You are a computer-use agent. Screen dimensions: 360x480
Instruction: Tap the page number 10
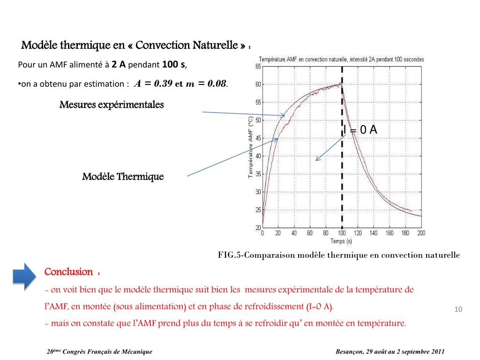[x=458, y=309]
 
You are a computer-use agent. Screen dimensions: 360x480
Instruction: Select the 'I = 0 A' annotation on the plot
[x=360, y=130]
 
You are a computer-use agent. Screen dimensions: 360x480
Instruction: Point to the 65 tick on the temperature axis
[x=258, y=67]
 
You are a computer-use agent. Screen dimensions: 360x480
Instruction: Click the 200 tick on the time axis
[x=421, y=233]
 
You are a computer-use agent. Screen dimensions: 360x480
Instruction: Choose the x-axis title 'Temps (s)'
[x=341, y=241]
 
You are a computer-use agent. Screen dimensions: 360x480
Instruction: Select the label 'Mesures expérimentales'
[x=112, y=105]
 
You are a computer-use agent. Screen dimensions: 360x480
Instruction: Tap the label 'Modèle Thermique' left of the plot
[x=123, y=177]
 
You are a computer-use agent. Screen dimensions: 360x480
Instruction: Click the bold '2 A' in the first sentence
[x=119, y=65]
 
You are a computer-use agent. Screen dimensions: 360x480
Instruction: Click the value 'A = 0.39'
[x=153, y=84]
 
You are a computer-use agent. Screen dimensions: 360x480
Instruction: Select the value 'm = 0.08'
[x=206, y=84]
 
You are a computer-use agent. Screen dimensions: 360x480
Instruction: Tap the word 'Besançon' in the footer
[x=349, y=352]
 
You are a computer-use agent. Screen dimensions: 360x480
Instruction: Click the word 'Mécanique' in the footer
[x=137, y=352]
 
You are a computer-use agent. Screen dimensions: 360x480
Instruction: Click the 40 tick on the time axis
[x=294, y=233]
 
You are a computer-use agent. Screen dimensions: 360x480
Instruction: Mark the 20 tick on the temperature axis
[x=258, y=228]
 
